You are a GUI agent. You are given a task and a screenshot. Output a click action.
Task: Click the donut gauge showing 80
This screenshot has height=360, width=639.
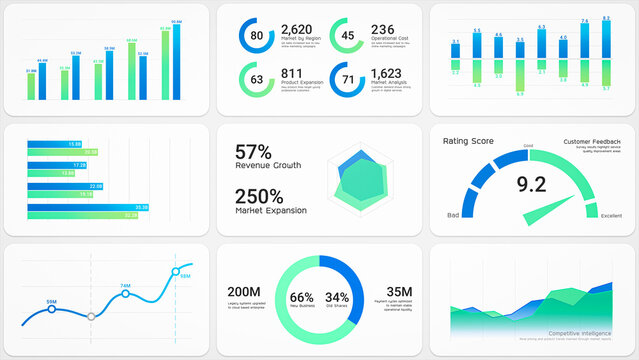tap(256, 36)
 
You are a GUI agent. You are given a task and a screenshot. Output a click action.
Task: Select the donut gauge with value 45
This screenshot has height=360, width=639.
tap(347, 36)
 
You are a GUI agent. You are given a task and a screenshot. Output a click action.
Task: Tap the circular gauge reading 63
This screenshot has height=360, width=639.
tap(256, 79)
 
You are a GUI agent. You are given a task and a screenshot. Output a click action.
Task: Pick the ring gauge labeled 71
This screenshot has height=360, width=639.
tap(347, 79)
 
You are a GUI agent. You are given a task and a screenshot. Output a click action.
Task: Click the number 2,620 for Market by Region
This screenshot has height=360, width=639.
tap(298, 30)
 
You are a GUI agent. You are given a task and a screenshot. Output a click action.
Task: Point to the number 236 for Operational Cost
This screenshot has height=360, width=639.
tap(382, 30)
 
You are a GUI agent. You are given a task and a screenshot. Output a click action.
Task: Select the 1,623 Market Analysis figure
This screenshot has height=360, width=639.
tap(386, 73)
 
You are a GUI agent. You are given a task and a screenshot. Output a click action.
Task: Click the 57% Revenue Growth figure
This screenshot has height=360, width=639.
tap(253, 152)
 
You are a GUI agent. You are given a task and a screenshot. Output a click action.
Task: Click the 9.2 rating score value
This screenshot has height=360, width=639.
tap(530, 183)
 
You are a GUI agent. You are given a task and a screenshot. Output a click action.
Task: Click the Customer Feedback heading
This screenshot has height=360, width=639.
tap(590, 142)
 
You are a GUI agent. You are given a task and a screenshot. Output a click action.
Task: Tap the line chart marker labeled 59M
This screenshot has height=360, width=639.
tap(51, 311)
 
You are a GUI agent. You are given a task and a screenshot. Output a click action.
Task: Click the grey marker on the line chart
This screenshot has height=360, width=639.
tap(91, 316)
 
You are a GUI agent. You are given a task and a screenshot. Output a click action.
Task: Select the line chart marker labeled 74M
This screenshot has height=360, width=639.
tap(125, 295)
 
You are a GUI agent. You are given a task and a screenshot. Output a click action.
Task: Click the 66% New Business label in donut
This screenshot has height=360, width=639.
tap(302, 298)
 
